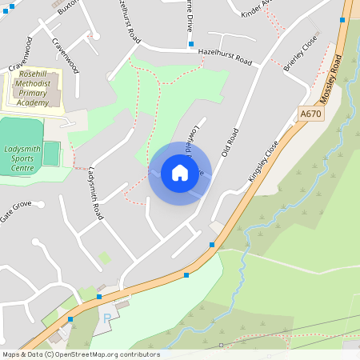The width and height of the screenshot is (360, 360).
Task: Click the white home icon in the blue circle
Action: pos(180,173)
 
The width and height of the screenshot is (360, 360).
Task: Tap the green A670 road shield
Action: pos(310,114)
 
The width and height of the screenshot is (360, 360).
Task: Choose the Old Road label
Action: pos(230,142)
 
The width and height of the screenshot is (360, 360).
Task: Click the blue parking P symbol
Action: pos(107,318)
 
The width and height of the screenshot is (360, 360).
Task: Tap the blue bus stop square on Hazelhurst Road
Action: pos(191,52)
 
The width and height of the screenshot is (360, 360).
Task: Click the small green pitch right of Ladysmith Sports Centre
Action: pos(51,152)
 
